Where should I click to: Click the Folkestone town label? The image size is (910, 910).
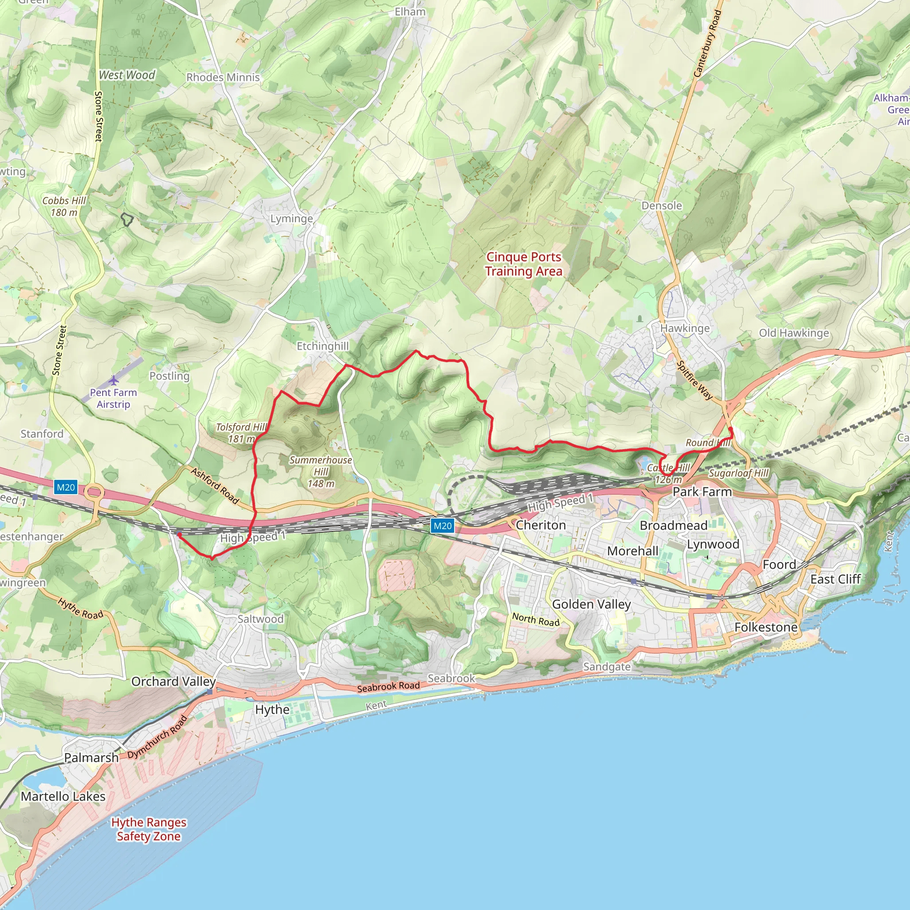(x=766, y=627)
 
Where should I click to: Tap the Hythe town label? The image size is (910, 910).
(x=272, y=709)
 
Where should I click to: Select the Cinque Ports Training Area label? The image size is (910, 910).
(x=523, y=264)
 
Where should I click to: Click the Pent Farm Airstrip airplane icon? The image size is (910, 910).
(x=113, y=379)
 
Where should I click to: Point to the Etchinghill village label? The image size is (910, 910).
(x=322, y=346)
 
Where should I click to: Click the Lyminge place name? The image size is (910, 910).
(x=291, y=219)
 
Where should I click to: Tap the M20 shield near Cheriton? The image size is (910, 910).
(x=442, y=526)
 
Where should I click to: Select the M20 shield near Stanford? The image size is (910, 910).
(x=65, y=487)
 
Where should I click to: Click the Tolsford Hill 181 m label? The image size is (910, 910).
(x=240, y=433)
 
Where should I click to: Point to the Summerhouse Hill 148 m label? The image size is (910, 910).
(x=321, y=471)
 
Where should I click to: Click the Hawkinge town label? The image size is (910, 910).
(x=684, y=328)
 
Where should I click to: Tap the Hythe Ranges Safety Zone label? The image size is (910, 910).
(x=148, y=829)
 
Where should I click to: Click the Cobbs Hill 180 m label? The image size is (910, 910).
(x=64, y=206)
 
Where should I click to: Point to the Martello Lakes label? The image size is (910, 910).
(x=63, y=796)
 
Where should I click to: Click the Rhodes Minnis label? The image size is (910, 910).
(x=223, y=77)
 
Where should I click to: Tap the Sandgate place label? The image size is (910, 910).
(x=606, y=667)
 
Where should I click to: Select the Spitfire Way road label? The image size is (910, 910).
(x=695, y=380)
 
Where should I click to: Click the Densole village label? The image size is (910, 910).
(x=661, y=205)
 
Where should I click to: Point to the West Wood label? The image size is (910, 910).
(x=127, y=75)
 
